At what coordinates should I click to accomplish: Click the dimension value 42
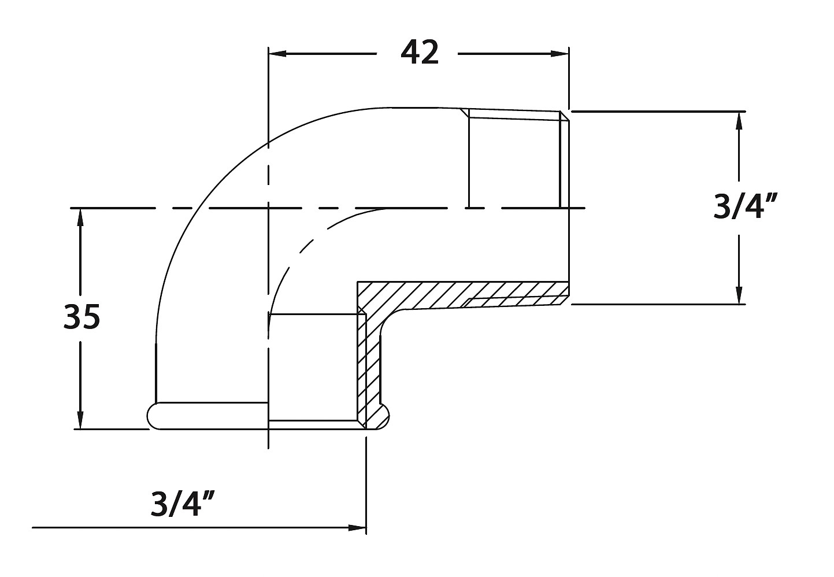pyautogui.click(x=420, y=53)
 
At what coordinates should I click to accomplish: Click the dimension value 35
pyautogui.click(x=81, y=317)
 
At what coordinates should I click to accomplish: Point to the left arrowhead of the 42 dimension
pyautogui.click(x=277, y=54)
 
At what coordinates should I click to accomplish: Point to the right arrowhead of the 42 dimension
pyautogui.click(x=560, y=54)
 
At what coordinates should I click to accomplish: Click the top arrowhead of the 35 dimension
pyautogui.click(x=80, y=217)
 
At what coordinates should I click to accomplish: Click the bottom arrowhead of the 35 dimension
pyautogui.click(x=80, y=420)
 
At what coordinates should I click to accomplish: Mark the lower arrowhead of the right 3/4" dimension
pyautogui.click(x=739, y=295)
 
